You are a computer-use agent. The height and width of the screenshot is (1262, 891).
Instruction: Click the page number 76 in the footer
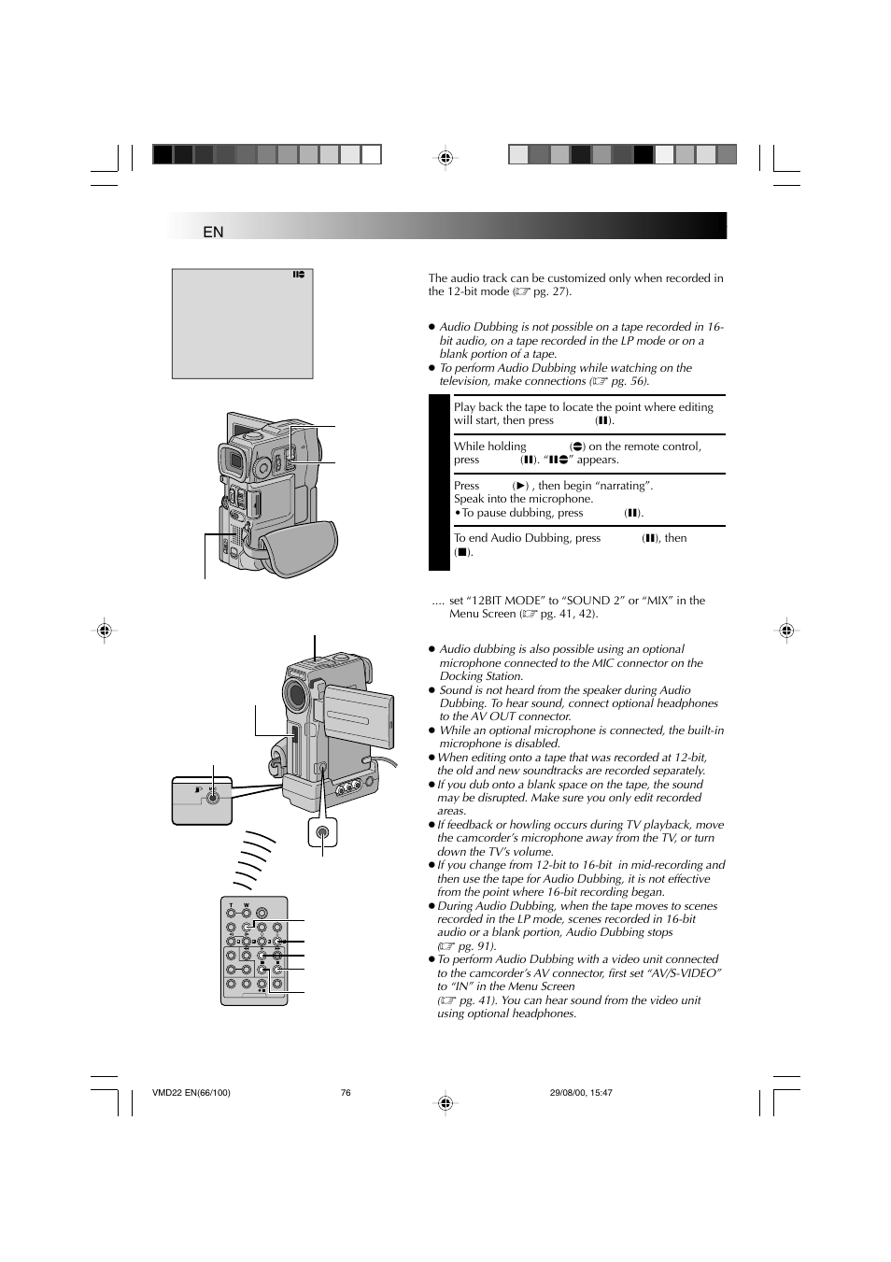(x=346, y=1093)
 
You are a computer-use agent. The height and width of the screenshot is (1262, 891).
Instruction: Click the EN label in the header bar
(x=213, y=232)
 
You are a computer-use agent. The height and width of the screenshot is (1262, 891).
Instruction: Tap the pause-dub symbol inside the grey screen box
(x=298, y=276)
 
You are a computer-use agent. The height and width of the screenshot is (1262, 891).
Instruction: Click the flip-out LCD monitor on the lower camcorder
(x=350, y=714)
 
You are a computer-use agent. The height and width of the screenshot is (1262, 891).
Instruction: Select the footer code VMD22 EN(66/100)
(x=191, y=1093)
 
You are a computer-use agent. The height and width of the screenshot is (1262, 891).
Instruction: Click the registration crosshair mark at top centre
(x=445, y=158)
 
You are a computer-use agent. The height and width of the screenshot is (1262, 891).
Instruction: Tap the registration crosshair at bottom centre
(x=445, y=1103)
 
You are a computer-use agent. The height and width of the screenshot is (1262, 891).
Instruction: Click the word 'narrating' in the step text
(x=625, y=486)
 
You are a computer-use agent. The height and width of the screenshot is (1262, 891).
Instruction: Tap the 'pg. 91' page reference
(x=476, y=946)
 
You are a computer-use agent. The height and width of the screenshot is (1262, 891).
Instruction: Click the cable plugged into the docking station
(x=390, y=764)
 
